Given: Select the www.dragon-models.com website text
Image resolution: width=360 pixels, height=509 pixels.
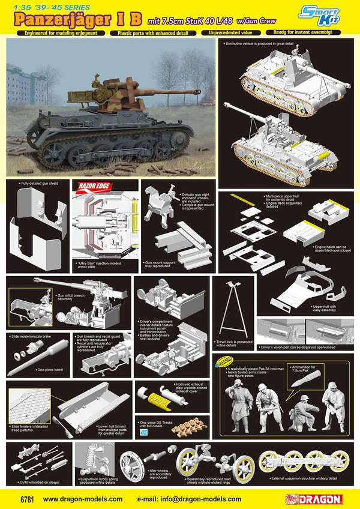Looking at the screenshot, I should point(83,498).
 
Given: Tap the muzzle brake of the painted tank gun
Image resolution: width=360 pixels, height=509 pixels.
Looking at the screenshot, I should point(196,92).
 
